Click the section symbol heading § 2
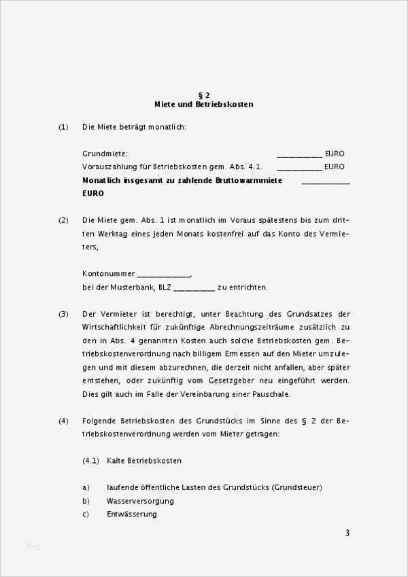203,95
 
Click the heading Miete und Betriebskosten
204,105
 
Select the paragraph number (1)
63,127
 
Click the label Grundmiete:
105,154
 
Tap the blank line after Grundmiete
299,155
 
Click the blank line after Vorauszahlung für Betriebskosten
299,167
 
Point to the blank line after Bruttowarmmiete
326,181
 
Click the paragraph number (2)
63,220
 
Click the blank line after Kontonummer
164,275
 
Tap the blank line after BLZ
194,288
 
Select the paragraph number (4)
63,421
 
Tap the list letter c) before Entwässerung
86,514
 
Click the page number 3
347,533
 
